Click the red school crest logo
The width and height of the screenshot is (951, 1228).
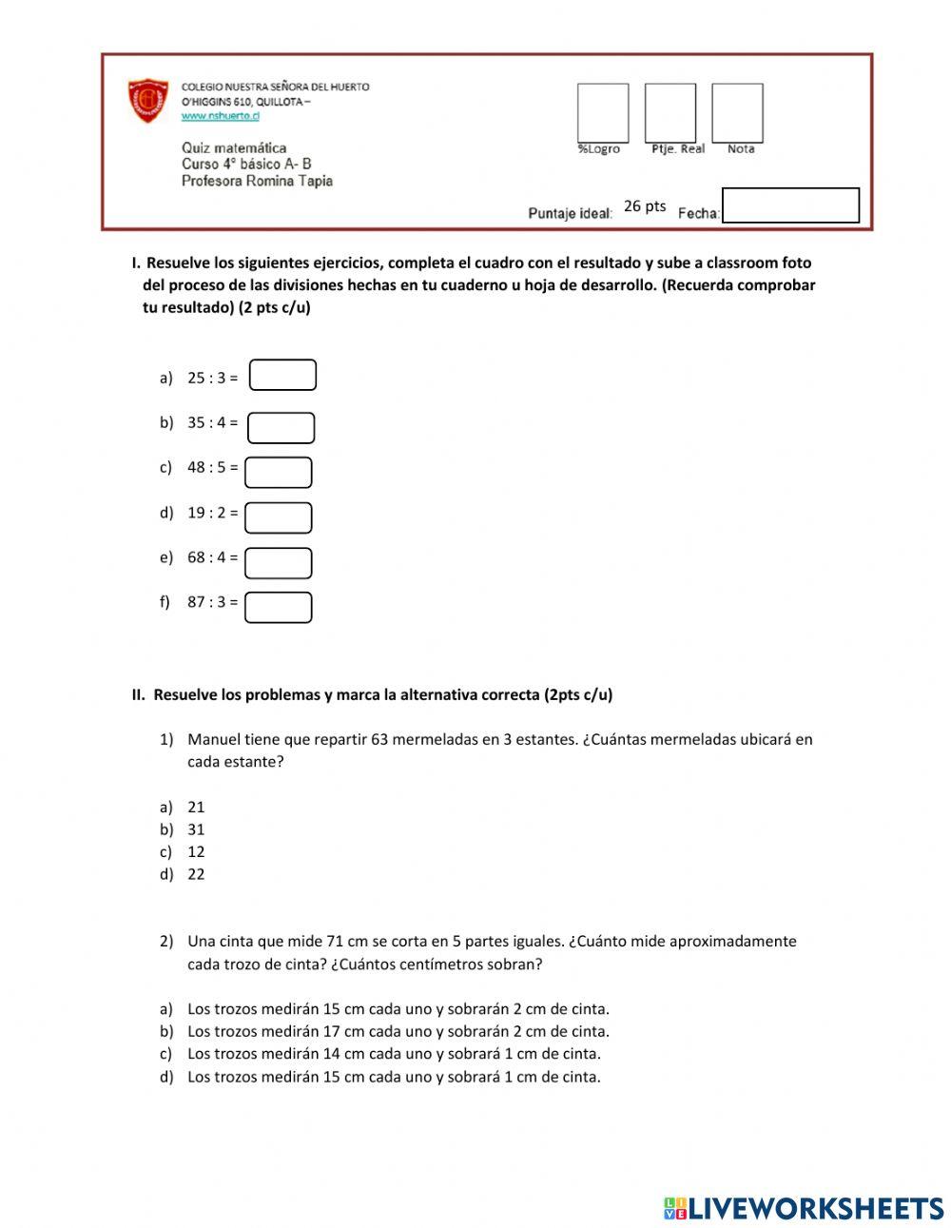pos(148,101)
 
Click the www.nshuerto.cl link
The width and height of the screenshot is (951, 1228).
pos(220,116)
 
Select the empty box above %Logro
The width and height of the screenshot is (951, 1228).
pos(603,112)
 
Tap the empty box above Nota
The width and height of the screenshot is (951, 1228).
pos(737,112)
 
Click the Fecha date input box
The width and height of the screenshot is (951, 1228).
pos(790,205)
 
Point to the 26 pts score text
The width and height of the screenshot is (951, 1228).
pos(645,206)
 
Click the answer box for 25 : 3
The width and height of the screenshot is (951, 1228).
pos(282,376)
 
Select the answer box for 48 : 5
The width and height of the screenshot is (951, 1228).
pos(279,473)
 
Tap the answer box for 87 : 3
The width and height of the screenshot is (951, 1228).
pos(279,608)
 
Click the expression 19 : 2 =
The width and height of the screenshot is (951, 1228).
pos(212,513)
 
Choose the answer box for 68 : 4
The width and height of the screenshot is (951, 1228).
pos(279,563)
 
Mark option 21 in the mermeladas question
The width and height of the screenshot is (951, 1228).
pos(196,808)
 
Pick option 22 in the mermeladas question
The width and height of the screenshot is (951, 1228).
pos(196,875)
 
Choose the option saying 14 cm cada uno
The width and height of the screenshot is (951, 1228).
pos(394,1054)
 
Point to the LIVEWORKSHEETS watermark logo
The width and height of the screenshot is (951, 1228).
pos(804,1208)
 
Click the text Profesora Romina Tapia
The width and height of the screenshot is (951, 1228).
pos(257,181)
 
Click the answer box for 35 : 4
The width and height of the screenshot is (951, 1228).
pos(281,428)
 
